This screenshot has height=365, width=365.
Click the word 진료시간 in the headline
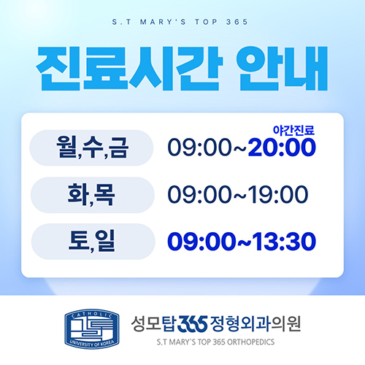[x=130, y=69]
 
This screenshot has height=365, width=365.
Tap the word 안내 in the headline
[x=282, y=69]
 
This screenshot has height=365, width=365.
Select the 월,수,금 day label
[x=92, y=147]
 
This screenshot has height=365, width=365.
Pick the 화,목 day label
[x=91, y=195]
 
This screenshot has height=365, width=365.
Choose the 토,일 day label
[x=91, y=242]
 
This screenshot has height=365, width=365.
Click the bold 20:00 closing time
[x=282, y=147]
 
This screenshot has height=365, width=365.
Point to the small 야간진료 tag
[x=293, y=131]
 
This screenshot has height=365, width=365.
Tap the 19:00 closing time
[x=278, y=194]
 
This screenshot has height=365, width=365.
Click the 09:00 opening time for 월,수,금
[x=199, y=147]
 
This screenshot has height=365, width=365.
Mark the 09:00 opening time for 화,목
[x=199, y=194]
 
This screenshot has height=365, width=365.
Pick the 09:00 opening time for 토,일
[x=201, y=241]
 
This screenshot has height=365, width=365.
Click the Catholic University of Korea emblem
[x=92, y=328]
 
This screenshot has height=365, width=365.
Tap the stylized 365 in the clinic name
[x=193, y=324]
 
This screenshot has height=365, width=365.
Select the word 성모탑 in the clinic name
[x=153, y=324]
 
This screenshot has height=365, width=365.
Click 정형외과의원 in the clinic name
[x=255, y=324]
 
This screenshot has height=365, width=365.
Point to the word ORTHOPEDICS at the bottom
[x=251, y=342]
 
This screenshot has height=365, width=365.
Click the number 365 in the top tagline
[x=237, y=22]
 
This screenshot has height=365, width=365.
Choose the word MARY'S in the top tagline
[x=163, y=22]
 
